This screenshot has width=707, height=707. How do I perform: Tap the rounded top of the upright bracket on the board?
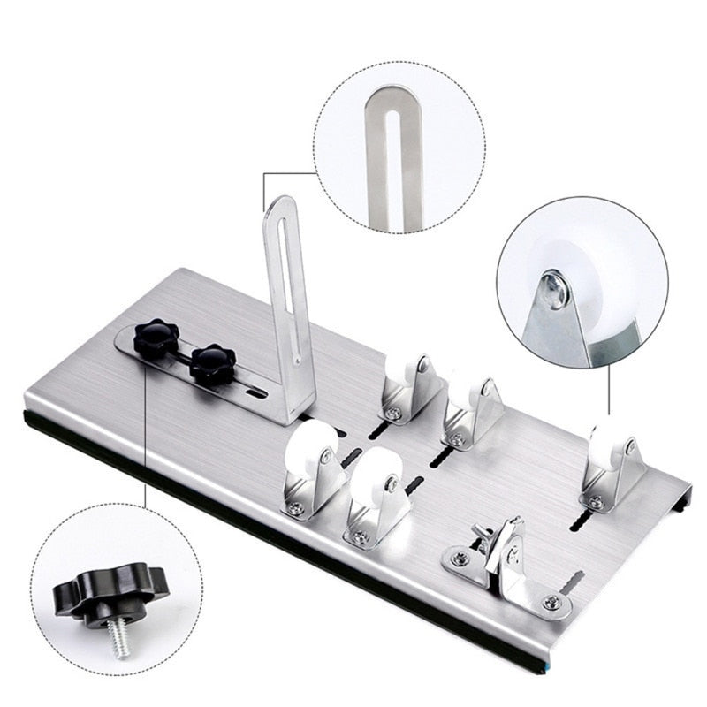282,205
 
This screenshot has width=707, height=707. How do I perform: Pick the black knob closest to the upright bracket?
212,362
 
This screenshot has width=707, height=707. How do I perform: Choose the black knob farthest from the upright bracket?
156,337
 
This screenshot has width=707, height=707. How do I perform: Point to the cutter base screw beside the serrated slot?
551,603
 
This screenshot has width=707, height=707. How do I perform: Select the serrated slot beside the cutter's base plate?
574,583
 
